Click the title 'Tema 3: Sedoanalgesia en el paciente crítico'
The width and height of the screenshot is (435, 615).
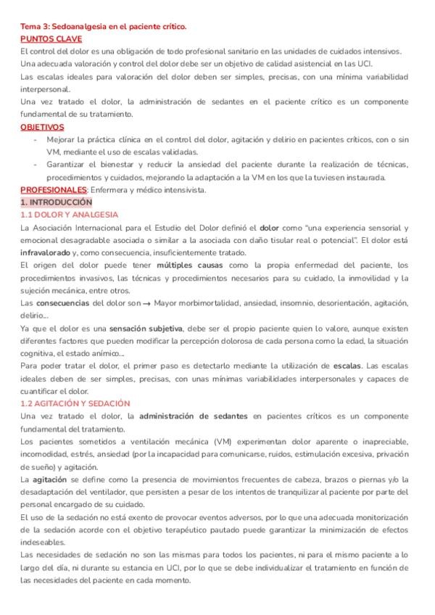pos(103,27)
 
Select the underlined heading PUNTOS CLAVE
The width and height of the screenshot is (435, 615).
pos(51,39)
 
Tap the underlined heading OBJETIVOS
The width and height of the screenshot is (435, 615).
pos(42,127)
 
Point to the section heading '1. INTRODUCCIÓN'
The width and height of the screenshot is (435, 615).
pos(57,202)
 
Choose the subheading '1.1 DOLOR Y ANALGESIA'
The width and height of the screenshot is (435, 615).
pos(69,215)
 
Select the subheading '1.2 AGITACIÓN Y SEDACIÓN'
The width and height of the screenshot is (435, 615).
pos(75,403)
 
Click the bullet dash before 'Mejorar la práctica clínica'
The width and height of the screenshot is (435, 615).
pos(36,140)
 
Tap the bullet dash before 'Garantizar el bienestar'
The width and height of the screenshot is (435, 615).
pos(36,165)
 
